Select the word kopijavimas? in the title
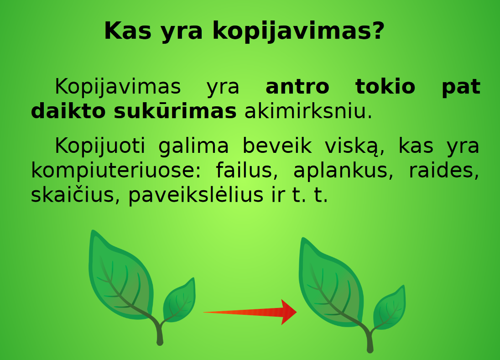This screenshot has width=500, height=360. pyautogui.click(x=299, y=32)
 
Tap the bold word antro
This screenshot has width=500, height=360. pyautogui.click(x=297, y=87)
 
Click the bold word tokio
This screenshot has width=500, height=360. pyautogui.click(x=385, y=87)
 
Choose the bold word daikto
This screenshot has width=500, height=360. pyautogui.click(x=68, y=112)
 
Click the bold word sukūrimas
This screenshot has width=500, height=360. pyautogui.click(x=175, y=112)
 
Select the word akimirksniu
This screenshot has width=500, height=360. pyautogui.click(x=308, y=112)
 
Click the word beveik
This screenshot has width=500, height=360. pyautogui.click(x=277, y=146)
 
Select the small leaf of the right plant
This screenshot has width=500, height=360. pyautogui.click(x=389, y=308)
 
